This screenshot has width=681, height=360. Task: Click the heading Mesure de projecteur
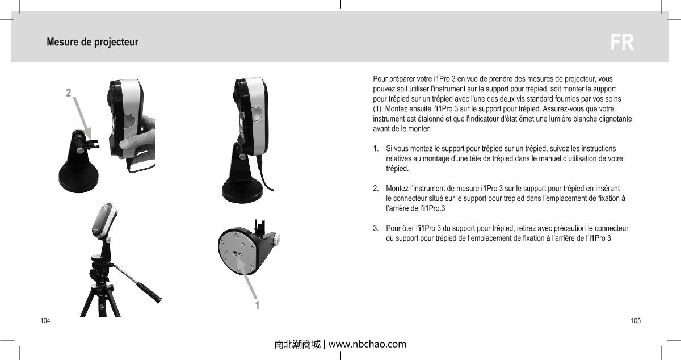click(92, 43)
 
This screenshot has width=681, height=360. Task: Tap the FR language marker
click(622, 43)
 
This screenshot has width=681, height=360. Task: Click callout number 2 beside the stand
click(68, 93)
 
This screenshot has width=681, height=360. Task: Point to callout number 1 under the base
click(257, 305)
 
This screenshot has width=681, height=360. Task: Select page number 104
click(44, 321)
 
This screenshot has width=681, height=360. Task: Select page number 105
click(636, 321)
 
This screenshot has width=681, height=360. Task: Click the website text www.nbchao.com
click(367, 344)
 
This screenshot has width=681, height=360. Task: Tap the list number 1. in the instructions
click(376, 148)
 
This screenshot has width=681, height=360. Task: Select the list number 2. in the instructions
click(376, 188)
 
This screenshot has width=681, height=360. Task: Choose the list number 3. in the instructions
click(376, 228)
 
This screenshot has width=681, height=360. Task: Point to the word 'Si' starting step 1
click(389, 148)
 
